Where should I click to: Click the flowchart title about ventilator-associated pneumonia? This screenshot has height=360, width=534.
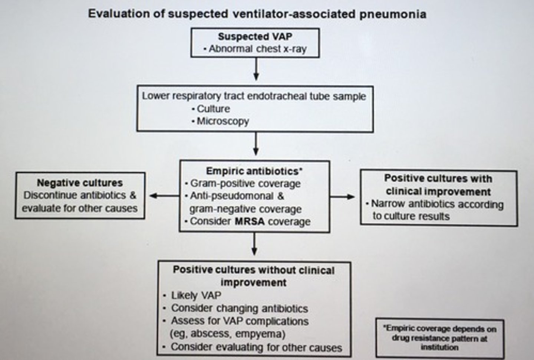pyautogui.click(x=257, y=14)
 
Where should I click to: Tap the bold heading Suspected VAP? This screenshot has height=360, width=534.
pyautogui.click(x=255, y=36)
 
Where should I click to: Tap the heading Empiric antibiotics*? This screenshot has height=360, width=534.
pyautogui.click(x=254, y=171)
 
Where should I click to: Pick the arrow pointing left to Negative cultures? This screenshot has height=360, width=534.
pyautogui.click(x=164, y=196)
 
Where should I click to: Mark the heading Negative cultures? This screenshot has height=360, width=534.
pyautogui.click(x=80, y=183)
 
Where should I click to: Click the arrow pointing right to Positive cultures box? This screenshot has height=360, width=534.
pyautogui.click(x=343, y=196)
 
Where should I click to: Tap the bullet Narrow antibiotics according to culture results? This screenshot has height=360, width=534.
pyautogui.click(x=437, y=210)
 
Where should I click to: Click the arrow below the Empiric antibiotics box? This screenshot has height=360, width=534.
pyautogui.click(x=254, y=244)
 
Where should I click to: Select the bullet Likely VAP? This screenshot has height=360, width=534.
pyautogui.click(x=196, y=295)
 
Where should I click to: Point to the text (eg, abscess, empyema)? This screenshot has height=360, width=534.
pyautogui.click(x=227, y=334)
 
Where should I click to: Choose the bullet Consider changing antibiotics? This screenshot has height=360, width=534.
pyautogui.click(x=239, y=308)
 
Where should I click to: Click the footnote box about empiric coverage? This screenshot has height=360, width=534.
pyautogui.click(x=440, y=338)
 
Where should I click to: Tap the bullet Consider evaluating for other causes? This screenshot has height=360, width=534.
pyautogui.click(x=256, y=347)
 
